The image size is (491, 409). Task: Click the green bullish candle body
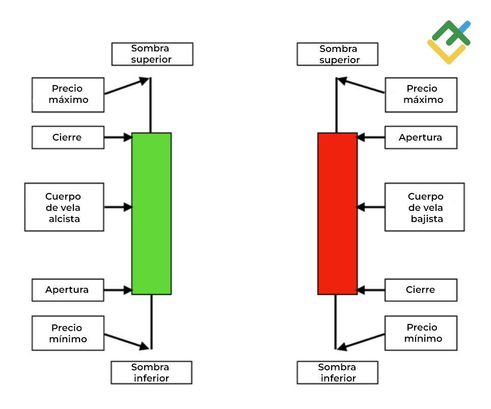(x=152, y=213)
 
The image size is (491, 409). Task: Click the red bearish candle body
(x=338, y=213)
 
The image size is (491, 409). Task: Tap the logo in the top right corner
(x=449, y=42)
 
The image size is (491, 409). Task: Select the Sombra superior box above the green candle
(x=152, y=54)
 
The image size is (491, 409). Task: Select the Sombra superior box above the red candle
(x=338, y=54)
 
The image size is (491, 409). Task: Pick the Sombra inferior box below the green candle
(x=152, y=372)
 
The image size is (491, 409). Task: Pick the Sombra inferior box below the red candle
(x=338, y=372)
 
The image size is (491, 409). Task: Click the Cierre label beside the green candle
(x=68, y=138)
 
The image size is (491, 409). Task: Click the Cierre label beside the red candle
(x=421, y=290)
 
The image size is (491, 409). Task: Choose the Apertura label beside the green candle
(x=68, y=290)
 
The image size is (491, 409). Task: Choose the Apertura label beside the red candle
(x=421, y=138)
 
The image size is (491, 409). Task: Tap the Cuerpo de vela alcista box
(x=64, y=207)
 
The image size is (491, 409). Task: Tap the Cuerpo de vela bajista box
(x=425, y=207)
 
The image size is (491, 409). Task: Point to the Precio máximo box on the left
(x=68, y=95)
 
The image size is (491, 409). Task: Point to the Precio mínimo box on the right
(x=421, y=333)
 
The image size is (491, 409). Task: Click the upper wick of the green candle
(x=151, y=105)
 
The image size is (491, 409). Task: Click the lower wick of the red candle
(x=336, y=322)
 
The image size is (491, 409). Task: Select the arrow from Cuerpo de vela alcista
(x=118, y=207)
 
